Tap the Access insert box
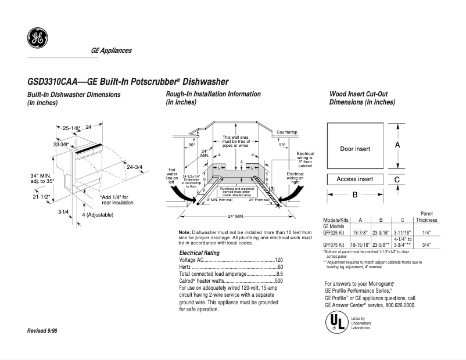(354, 179)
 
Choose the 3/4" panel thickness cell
(426, 245)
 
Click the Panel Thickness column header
(426, 217)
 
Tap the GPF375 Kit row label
(334, 245)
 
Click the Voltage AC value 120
(278, 260)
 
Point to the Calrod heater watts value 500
(278, 280)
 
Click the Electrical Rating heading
(199, 253)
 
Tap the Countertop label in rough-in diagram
(287, 132)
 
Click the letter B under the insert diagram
(354, 196)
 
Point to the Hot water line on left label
(172, 172)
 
